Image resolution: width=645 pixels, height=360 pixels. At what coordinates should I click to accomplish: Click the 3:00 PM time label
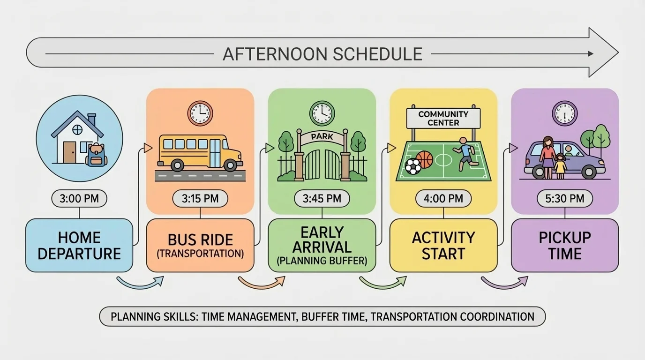79,198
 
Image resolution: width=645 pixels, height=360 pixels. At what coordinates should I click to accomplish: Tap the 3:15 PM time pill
200,198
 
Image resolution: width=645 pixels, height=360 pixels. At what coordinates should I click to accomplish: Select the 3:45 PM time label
322,198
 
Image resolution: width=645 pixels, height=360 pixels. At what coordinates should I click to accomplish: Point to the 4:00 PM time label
443,198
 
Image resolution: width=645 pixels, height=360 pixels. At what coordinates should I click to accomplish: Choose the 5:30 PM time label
565,198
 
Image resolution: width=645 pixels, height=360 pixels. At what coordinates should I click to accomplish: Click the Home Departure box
79,245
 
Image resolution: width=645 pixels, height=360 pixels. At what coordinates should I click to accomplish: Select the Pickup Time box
565,245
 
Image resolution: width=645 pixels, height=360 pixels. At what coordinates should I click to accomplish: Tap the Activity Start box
443,245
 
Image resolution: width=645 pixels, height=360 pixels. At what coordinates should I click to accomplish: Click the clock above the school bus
200,113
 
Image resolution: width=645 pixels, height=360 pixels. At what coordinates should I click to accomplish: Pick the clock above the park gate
322,113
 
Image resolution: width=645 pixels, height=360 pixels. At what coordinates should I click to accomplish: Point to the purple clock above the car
564,113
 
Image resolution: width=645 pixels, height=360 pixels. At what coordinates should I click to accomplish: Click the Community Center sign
443,118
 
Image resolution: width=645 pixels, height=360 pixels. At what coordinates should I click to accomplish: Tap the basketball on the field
424,159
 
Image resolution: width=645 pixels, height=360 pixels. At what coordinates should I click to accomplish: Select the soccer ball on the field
412,166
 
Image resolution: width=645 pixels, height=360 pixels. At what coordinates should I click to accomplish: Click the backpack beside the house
97,155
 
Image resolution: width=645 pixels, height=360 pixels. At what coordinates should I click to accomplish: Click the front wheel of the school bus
230,165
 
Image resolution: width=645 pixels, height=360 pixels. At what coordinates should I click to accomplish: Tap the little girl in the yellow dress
560,165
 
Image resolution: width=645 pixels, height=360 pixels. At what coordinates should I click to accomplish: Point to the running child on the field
464,152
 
